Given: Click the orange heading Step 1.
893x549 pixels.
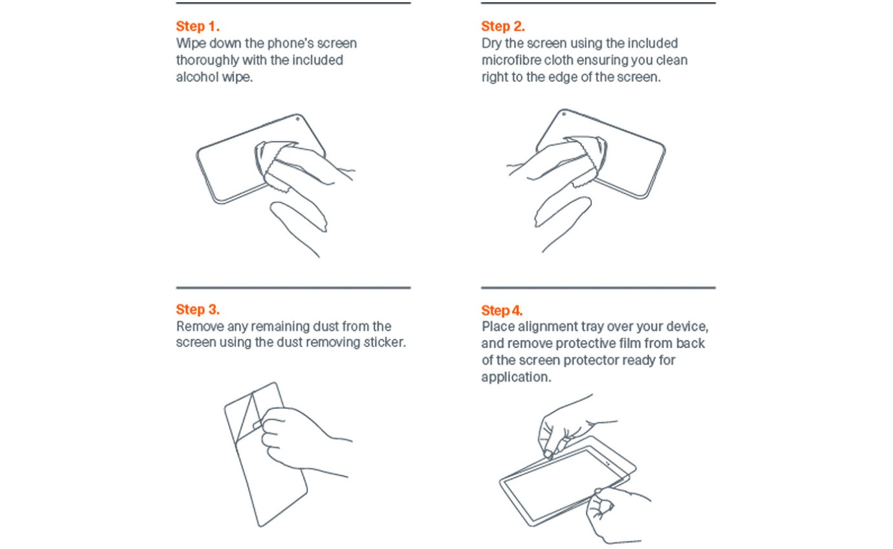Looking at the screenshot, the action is [198, 27].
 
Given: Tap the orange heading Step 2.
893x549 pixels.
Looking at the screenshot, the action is [503, 27].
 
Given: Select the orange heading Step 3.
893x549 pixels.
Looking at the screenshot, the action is [198, 309].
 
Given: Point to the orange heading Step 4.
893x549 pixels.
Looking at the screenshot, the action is [502, 310].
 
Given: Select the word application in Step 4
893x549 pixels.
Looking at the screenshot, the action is [516, 377].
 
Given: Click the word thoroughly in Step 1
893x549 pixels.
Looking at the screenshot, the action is [207, 60].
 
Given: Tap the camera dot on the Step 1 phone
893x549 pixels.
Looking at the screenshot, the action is [298, 119].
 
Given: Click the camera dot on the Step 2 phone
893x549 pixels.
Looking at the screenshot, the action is [564, 114].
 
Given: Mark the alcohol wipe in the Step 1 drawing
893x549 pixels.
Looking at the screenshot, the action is [279, 164].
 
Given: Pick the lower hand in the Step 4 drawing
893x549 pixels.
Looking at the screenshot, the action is [614, 514].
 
